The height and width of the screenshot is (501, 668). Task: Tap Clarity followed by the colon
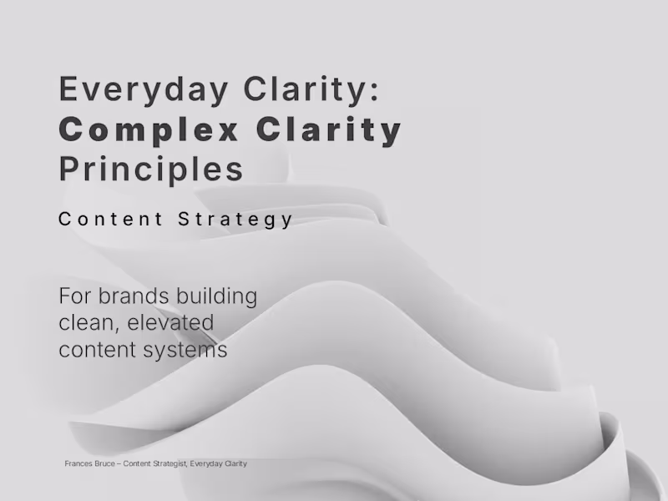(318, 89)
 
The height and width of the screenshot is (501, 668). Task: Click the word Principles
(151, 170)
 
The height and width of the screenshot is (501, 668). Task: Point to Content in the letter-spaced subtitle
(111, 220)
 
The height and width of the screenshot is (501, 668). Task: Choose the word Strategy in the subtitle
(236, 220)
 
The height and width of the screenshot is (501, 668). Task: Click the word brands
(130, 296)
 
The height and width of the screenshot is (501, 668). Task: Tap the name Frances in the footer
(77, 463)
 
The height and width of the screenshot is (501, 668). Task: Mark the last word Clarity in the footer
(236, 463)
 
